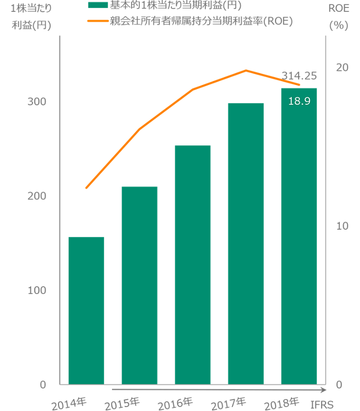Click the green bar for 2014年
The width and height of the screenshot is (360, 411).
pyautogui.click(x=86, y=310)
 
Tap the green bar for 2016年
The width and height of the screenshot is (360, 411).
pyautogui.click(x=192, y=265)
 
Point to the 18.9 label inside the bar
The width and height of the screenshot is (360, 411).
pyautogui.click(x=299, y=101)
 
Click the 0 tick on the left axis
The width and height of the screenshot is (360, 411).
pyautogui.click(x=42, y=385)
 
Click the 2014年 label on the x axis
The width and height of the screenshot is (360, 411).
pyautogui.click(x=69, y=403)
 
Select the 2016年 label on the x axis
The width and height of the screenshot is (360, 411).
pyautogui.click(x=175, y=403)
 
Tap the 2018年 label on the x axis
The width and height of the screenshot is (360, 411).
pyautogui.click(x=281, y=403)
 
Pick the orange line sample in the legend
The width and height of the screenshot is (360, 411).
pyautogui.click(x=97, y=21)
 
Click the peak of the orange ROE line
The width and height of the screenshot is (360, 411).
pyautogui.click(x=245, y=70)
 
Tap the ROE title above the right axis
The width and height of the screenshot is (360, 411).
pyautogui.click(x=336, y=7)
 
